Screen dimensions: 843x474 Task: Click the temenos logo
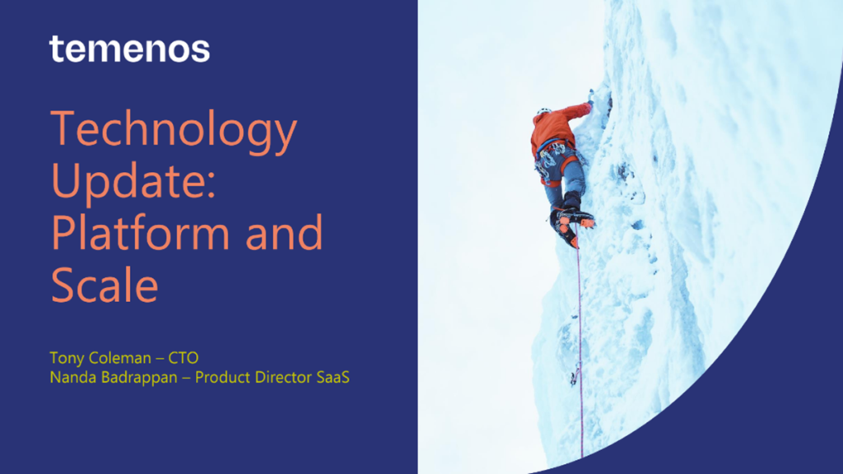pyautogui.click(x=129, y=49)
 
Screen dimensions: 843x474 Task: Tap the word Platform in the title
pyautogui.click(x=142, y=233)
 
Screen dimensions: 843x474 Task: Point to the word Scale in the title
pyautogui.click(x=105, y=286)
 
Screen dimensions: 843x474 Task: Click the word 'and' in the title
pyautogui.click(x=284, y=233)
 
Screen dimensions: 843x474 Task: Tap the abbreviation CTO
pyautogui.click(x=184, y=358)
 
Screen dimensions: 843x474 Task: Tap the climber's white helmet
pyautogui.click(x=543, y=111)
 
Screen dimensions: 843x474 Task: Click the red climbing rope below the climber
pyautogui.click(x=580, y=349)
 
